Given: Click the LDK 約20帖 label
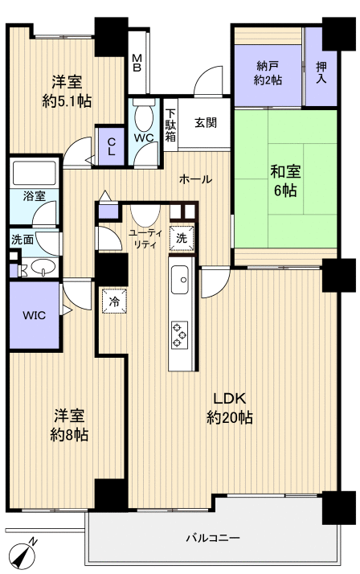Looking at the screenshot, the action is (229, 408).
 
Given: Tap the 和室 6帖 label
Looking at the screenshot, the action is (285, 180).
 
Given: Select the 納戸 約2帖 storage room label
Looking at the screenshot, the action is (268, 73).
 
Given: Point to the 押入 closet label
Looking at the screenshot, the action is (321, 72).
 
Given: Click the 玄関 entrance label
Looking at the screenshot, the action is (206, 123).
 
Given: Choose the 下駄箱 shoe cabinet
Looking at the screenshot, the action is (170, 125).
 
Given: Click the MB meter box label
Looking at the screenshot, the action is (137, 63).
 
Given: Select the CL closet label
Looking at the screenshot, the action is (111, 146).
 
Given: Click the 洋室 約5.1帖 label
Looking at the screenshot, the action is (67, 91).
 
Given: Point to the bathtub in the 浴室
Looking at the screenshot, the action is (35, 173).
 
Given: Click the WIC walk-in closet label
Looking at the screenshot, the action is (35, 315).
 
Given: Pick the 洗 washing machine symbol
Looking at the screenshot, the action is (182, 238).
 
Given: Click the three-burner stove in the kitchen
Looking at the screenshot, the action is (180, 334).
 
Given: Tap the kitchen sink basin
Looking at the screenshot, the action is (180, 279).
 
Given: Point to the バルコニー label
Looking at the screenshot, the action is (213, 538).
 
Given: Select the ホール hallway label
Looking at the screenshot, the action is (195, 179).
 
